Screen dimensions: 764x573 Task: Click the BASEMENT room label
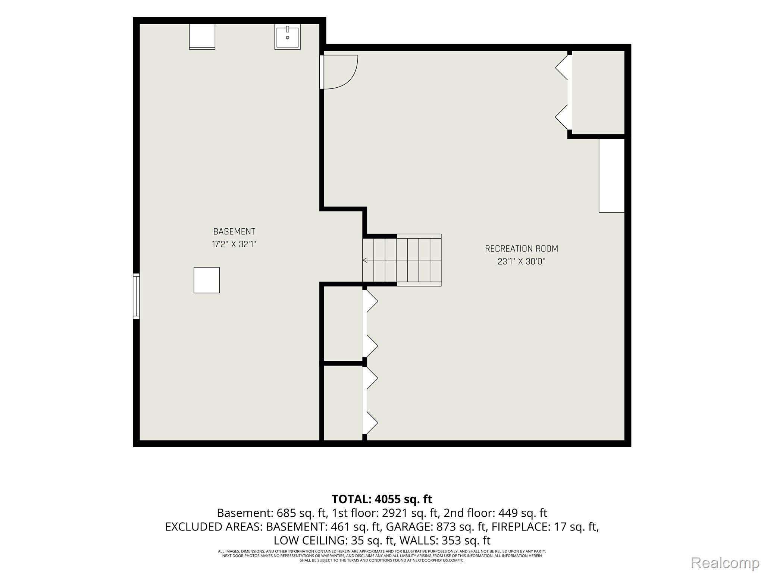[x=234, y=231]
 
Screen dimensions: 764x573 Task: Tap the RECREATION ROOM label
[x=521, y=248]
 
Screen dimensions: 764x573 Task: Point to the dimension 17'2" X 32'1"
[x=234, y=244]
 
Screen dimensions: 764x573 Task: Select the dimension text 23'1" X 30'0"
[x=521, y=262]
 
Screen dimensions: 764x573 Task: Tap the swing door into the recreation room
[x=339, y=72]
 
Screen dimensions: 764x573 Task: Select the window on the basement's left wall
[x=137, y=296]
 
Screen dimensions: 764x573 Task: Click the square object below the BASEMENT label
[x=207, y=280]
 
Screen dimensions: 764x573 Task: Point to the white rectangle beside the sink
[x=202, y=37]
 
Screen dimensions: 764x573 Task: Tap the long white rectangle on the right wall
[x=611, y=175]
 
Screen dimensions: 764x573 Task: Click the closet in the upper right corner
[x=598, y=92]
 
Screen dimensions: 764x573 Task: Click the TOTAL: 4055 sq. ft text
[x=382, y=499]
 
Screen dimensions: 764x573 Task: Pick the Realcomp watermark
[x=725, y=563]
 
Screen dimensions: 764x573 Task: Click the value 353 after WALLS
[x=451, y=541]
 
